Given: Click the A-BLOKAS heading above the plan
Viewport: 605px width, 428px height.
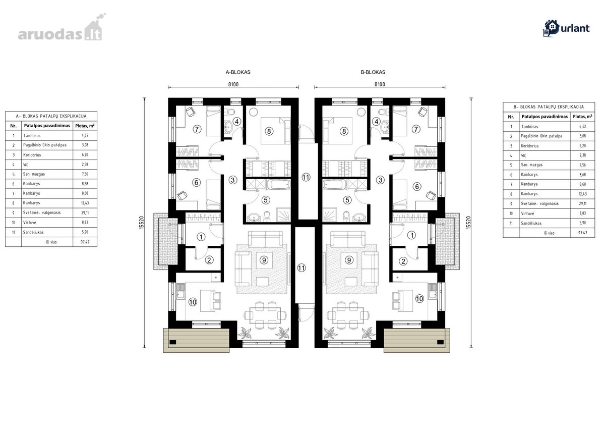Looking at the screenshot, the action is (238, 72).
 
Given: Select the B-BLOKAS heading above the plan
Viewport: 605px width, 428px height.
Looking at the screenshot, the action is (373, 72).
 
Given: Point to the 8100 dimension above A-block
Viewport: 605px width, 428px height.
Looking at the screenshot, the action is (233, 84).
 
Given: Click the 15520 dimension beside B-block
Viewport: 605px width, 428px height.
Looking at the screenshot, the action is (468, 223).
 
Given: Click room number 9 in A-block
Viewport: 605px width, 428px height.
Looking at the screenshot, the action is (264, 260).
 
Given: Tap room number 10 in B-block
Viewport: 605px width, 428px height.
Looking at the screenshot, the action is (419, 299).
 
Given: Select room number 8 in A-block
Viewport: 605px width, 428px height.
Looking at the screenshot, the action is (269, 131).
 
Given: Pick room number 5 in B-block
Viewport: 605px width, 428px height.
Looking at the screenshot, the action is (347, 200).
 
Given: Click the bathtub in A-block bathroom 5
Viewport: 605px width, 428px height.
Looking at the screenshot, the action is (279, 184).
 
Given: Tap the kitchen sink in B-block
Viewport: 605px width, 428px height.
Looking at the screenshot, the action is (433, 291).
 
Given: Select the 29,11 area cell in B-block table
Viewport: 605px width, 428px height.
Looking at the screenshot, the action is (583, 203).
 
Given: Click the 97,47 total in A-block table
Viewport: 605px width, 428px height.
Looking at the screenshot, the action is (85, 242).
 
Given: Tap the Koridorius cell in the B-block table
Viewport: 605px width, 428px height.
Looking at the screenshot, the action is (530, 146).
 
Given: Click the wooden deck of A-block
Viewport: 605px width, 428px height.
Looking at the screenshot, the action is (196, 340).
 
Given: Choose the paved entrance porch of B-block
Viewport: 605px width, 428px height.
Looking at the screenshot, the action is (447, 241).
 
